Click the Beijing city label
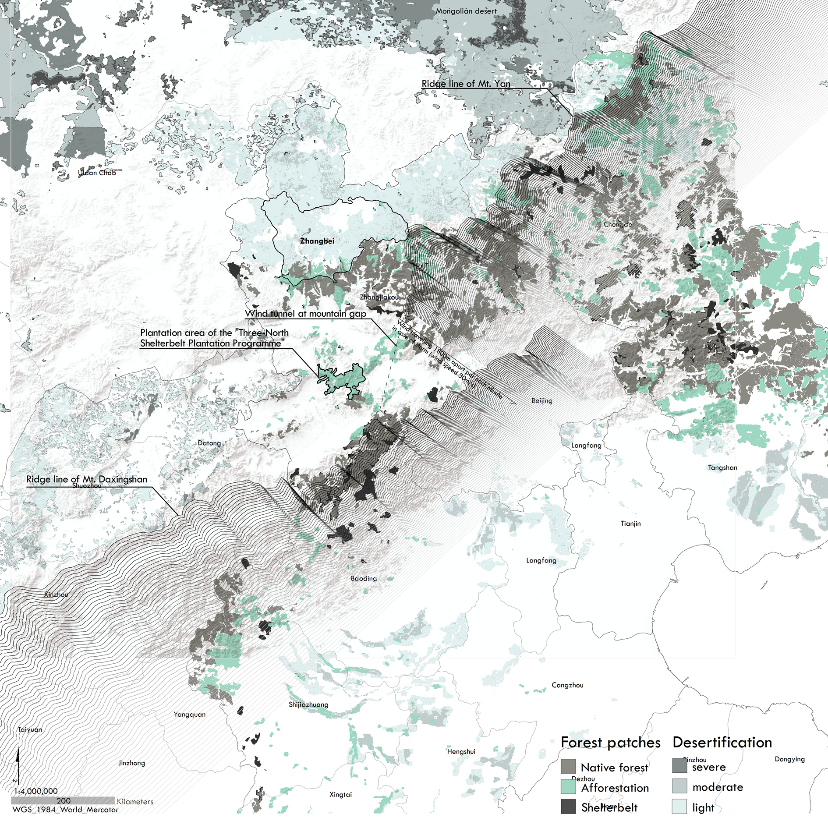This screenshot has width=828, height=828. click(x=541, y=400)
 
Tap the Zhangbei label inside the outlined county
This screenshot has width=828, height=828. click(x=317, y=241)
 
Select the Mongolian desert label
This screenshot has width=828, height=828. click(x=466, y=11)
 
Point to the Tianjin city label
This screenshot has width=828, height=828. click(x=630, y=523)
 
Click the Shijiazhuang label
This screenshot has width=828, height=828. click(x=308, y=704)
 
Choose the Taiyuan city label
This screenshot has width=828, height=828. click(x=30, y=729)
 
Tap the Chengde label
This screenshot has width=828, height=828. click(x=617, y=224)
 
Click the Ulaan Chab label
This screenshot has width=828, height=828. click(x=97, y=173)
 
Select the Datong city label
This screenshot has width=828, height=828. click(x=209, y=443)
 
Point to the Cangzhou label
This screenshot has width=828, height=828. click(x=567, y=685)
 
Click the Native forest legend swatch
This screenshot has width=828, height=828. click(x=568, y=767)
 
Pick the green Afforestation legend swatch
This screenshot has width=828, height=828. click(x=568, y=787)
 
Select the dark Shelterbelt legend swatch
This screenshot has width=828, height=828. click(x=568, y=807)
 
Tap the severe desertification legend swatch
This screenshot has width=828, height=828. click(x=679, y=766)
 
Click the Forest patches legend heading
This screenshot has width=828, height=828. click(x=610, y=743)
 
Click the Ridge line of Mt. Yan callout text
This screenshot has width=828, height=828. click(x=466, y=83)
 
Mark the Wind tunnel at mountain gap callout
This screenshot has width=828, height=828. click(x=305, y=314)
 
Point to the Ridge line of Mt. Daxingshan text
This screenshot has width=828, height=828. click(x=86, y=479)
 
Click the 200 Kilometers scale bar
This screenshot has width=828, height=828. click(x=63, y=800)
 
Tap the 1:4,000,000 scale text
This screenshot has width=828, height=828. click(x=36, y=791)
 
